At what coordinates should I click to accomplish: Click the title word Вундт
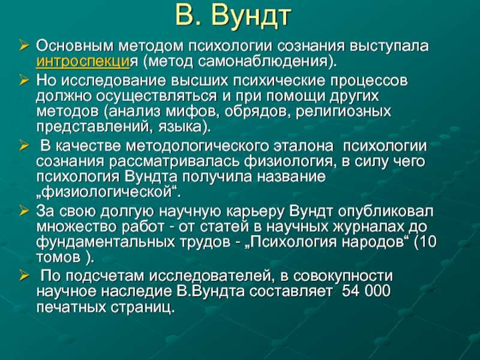click(x=250, y=16)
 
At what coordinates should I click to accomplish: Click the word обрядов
click(x=257, y=111)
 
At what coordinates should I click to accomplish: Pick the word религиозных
click(x=343, y=112)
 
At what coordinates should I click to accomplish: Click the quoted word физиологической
click(x=107, y=193)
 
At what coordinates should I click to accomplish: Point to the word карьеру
click(x=256, y=212)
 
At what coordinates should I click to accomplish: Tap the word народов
click(x=376, y=242)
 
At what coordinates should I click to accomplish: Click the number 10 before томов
click(x=428, y=242)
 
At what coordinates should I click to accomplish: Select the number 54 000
click(x=366, y=291)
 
